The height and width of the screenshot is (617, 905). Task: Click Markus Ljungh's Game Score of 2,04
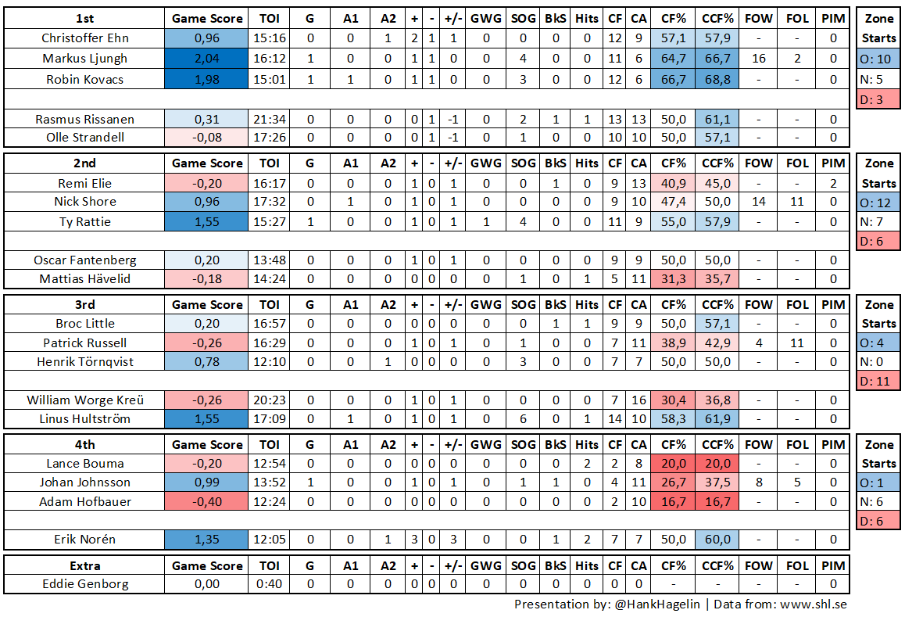point(207,59)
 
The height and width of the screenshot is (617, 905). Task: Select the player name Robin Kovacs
point(84,79)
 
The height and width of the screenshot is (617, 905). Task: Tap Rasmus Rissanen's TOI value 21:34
point(269,120)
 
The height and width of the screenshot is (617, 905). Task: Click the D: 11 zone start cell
point(878,381)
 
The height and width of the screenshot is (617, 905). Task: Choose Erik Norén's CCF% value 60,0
point(717,540)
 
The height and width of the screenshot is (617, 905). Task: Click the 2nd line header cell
point(84,163)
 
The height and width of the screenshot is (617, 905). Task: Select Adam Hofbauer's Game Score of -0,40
point(207,501)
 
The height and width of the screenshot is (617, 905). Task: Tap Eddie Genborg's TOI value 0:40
point(269,583)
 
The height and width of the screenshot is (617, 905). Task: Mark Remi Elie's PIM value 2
point(833,184)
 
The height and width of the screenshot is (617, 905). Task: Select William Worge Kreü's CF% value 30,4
point(674,400)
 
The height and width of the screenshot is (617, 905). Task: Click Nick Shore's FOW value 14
point(758,202)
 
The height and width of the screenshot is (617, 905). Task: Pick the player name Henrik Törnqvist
point(84,361)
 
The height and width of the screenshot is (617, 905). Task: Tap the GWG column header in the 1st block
point(486,18)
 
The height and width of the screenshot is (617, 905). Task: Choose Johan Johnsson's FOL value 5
point(797,482)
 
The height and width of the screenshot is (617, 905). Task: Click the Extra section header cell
point(84,565)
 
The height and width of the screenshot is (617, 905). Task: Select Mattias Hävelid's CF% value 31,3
point(674,279)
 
